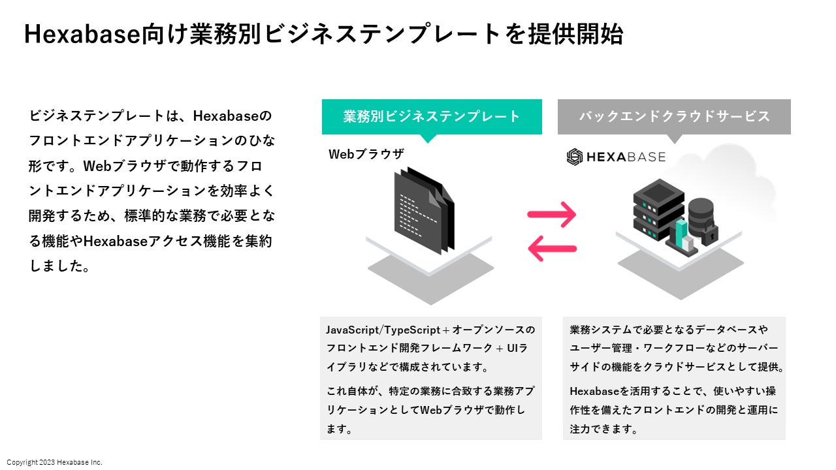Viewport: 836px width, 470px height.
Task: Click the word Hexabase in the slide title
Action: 82,35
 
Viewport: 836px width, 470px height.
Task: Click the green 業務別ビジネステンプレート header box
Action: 432,117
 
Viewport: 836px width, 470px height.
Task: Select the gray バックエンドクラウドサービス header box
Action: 674,117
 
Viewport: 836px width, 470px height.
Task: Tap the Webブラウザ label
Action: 366,155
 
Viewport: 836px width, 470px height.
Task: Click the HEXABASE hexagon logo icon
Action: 574,157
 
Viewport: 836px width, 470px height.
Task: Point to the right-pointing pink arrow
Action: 552,214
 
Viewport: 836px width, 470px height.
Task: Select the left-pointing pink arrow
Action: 552,248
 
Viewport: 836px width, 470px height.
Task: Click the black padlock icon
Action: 709,232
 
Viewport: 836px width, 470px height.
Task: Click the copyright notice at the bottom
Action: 54,462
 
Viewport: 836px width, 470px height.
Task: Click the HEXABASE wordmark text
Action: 626,157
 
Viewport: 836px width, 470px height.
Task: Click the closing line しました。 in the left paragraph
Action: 59,266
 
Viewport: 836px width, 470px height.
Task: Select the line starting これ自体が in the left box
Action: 430,392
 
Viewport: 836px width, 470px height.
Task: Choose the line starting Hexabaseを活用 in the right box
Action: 673,392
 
